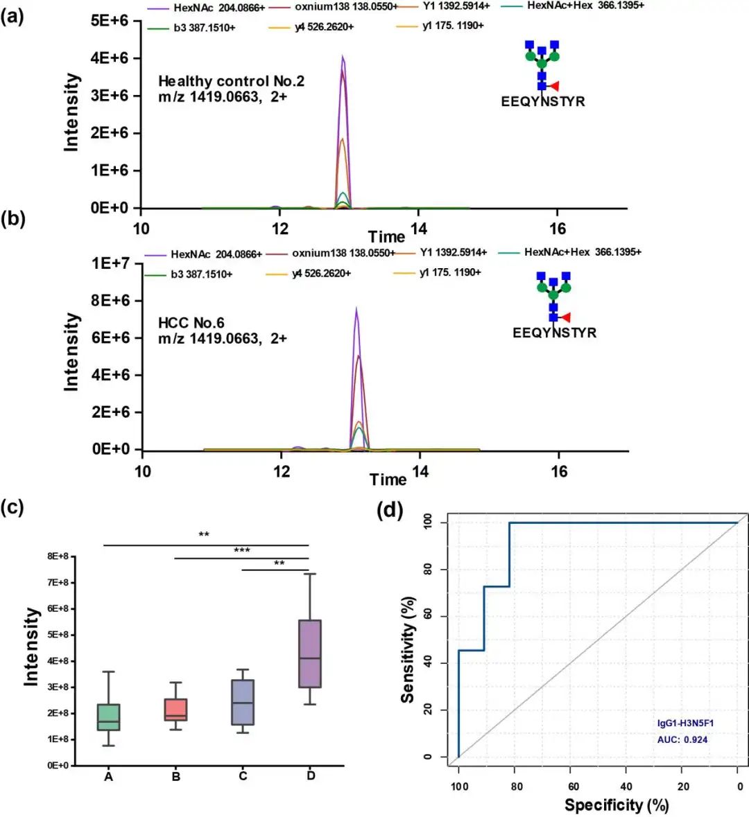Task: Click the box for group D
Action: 309,653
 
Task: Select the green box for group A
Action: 108,717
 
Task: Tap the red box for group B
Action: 175,710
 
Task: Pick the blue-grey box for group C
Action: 243,702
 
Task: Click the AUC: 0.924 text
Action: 682,739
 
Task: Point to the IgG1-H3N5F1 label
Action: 685,723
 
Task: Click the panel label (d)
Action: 389,511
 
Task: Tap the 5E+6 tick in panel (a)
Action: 110,21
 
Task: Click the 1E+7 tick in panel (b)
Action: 111,263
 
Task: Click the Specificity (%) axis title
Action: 616,805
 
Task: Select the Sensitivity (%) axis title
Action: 409,649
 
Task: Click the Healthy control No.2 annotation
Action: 231,81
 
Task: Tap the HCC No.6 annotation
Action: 191,323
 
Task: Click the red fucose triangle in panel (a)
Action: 553,87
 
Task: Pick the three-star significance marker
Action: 241,551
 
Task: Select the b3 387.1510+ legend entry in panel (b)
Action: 201,274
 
